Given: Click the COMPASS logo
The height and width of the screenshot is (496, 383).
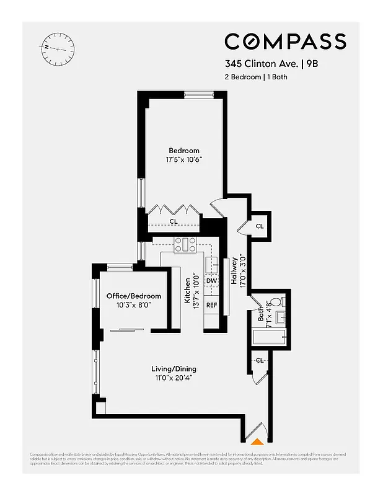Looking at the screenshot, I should pos(285,42).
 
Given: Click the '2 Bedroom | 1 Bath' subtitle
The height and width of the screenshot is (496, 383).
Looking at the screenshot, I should pos(256,77).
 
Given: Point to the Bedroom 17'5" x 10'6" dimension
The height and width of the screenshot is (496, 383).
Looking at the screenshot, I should pos(184,160).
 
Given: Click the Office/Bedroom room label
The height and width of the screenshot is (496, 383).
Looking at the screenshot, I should pos(133,296).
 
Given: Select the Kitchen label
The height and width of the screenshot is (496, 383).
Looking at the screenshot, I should pos(187,290).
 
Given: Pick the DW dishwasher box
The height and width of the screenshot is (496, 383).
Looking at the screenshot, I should pos(211,281).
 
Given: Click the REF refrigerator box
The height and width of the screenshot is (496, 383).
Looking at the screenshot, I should pos(211,305).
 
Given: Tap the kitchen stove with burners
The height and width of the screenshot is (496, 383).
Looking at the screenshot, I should pos(185,245).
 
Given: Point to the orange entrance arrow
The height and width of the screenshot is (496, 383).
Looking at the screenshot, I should pos(256,441).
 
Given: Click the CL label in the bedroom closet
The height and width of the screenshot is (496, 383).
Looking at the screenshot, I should pos(173,221).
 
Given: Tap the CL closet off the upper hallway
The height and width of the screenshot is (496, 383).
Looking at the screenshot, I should pos(259,226).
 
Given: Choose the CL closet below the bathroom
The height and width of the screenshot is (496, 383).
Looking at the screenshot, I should pos(260,360).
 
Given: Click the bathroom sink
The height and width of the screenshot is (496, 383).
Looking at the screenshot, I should pos(280,318).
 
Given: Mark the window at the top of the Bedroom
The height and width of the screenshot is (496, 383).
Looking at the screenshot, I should pos(199,95).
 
